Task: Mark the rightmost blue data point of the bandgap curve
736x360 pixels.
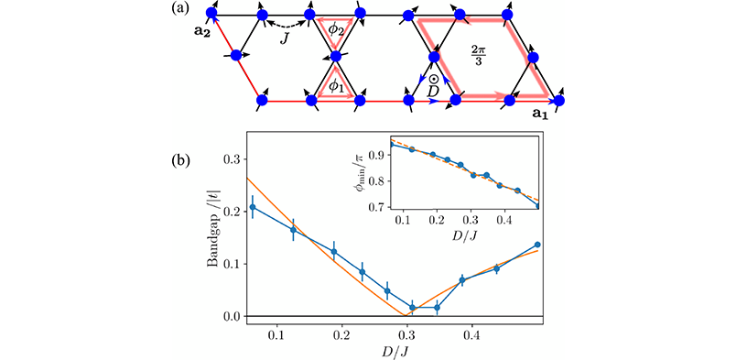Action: click(536, 245)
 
